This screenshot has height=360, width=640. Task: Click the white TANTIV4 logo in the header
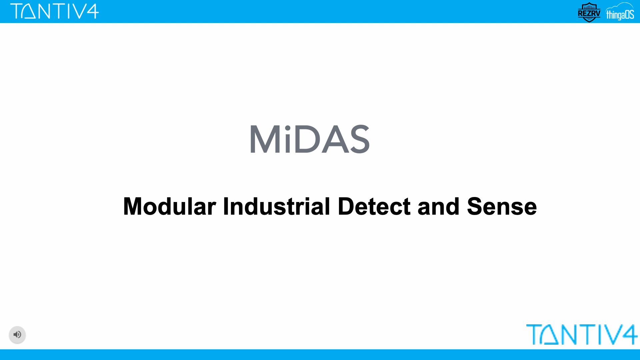point(55,11)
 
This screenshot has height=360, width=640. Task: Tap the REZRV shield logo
point(589,12)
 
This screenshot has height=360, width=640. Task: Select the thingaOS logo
point(620,12)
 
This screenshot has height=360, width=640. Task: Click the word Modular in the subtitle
point(170,206)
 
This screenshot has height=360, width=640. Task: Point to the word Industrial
point(276,206)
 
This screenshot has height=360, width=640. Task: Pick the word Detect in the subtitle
point(374,206)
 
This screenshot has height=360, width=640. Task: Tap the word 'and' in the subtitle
point(438,206)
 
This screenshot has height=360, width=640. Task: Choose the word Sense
point(502,206)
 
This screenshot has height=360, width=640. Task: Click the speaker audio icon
point(17,334)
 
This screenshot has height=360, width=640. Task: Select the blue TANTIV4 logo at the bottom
point(582,334)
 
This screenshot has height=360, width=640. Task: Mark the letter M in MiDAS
point(265,139)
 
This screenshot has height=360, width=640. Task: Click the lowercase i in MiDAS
point(287,139)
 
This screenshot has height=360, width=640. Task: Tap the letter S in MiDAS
point(358,139)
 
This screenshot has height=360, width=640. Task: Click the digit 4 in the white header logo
point(92,11)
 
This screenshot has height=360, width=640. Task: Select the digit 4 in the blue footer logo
point(628,334)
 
